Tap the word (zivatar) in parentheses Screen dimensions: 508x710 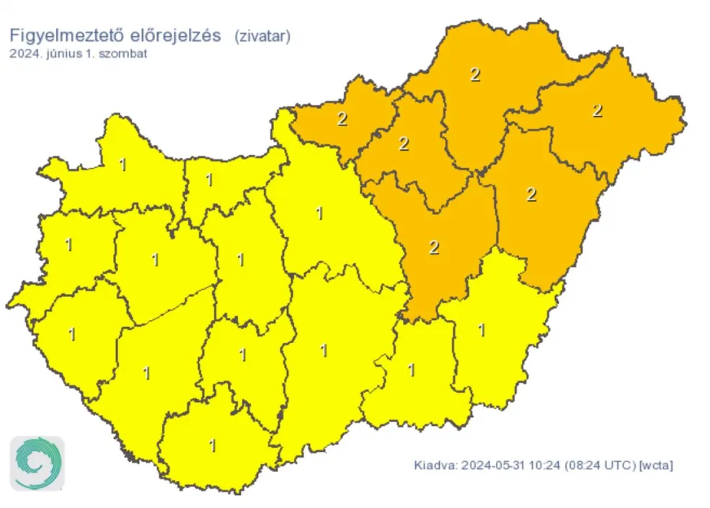[x=262, y=37]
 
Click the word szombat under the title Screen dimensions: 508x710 [x=123, y=53]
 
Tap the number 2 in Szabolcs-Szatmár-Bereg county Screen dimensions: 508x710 [x=597, y=110]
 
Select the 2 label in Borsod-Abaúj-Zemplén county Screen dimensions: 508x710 [x=474, y=73]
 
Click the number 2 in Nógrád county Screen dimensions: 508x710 [x=342, y=119]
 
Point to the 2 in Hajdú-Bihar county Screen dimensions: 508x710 [x=531, y=194]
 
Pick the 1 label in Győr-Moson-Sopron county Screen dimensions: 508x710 [x=123, y=165]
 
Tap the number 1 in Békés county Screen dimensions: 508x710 [x=482, y=330]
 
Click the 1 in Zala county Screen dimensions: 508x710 [x=71, y=334]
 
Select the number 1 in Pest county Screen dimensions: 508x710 [x=319, y=213]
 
